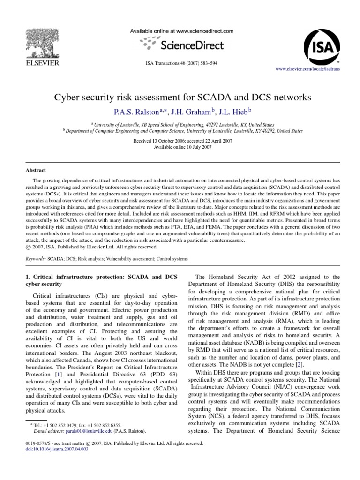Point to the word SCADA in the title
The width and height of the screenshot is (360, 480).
(x=218, y=98)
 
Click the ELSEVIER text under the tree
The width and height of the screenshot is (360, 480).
(x=41, y=62)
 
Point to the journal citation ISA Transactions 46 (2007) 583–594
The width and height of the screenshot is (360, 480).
(x=180, y=62)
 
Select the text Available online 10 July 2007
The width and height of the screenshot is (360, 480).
(x=180, y=147)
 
